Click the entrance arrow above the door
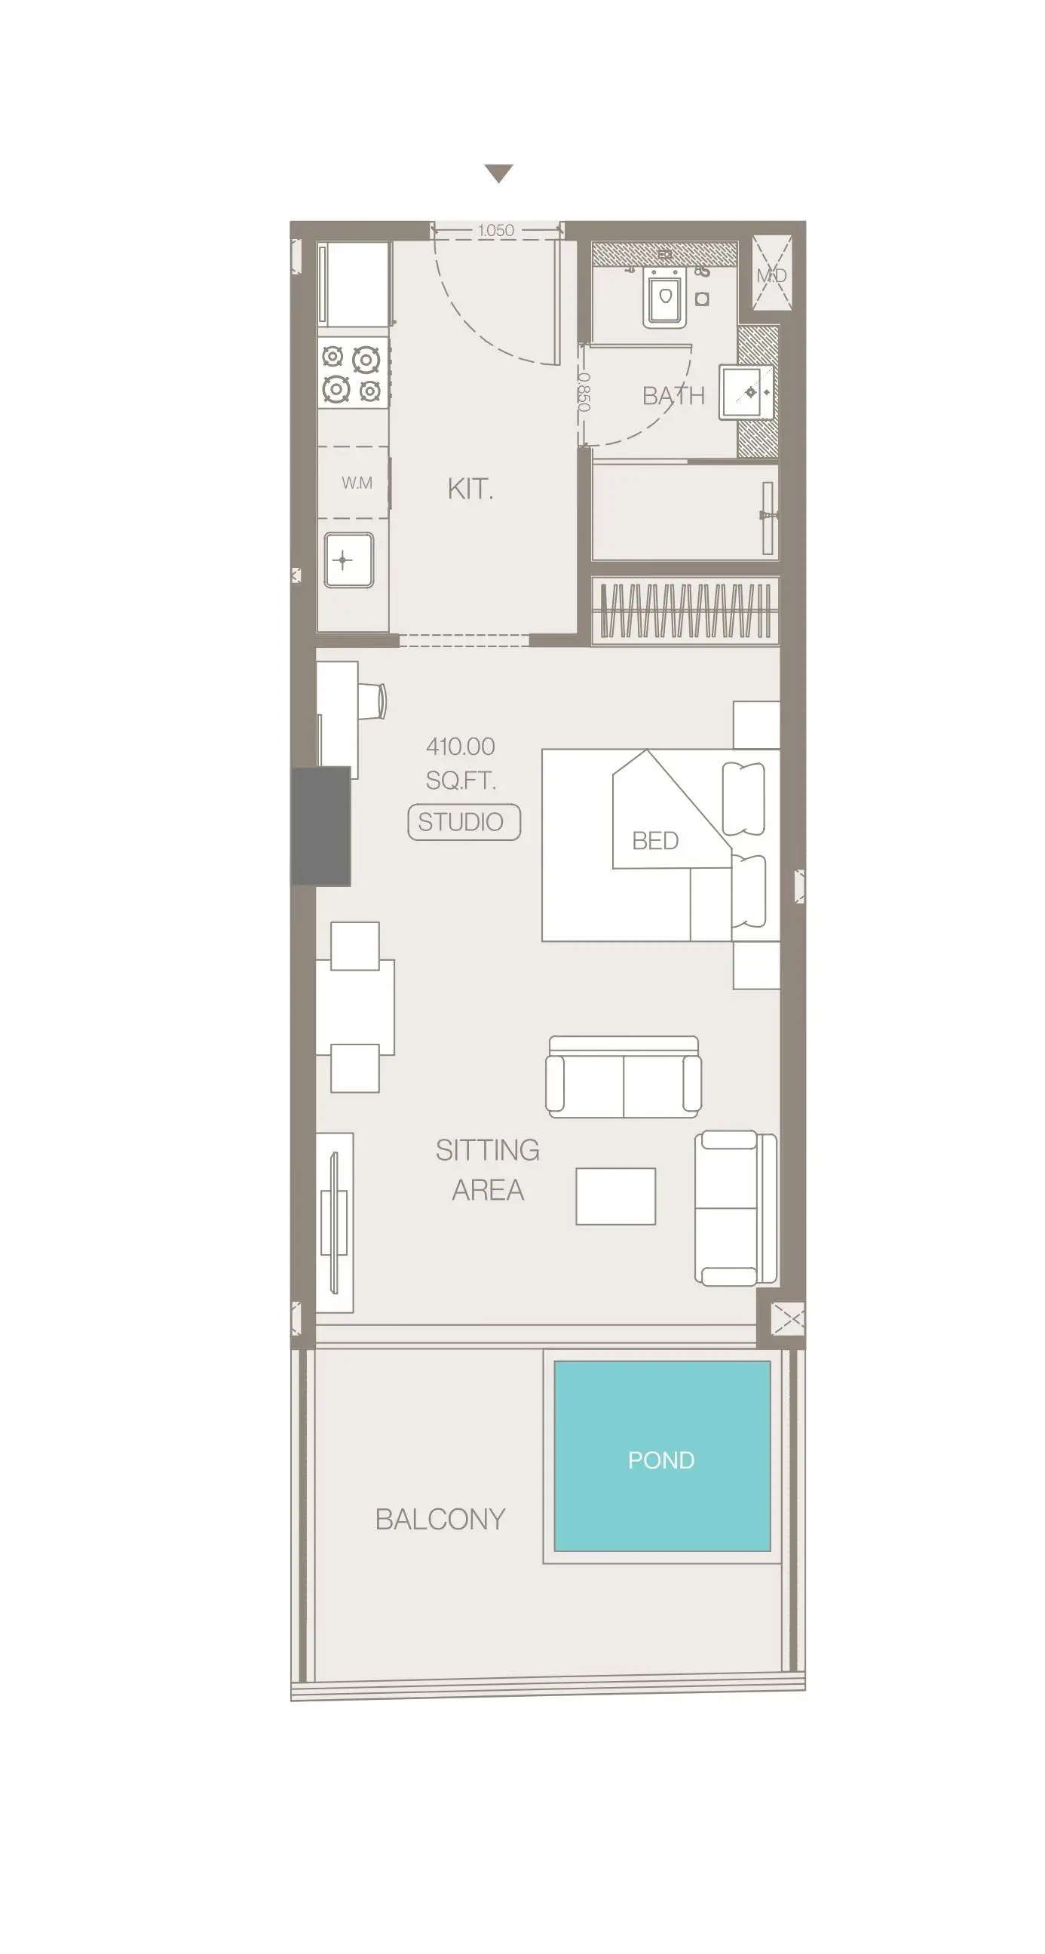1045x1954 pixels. [x=498, y=173]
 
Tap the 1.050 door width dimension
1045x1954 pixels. [x=496, y=230]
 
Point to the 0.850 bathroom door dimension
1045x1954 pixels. [x=583, y=392]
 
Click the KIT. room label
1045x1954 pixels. [x=470, y=489]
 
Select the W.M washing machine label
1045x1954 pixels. [x=357, y=483]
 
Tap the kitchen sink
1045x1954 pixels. [x=349, y=560]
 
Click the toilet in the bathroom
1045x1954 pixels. [x=665, y=297]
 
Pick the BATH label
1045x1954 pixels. [x=673, y=395]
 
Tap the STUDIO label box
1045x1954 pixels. [x=464, y=821]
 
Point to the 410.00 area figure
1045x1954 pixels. [x=461, y=747]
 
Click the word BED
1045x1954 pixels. [x=655, y=840]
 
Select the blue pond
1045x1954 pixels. [x=662, y=1456]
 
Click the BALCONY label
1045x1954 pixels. [x=440, y=1520]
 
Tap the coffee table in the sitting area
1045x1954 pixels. [x=616, y=1196]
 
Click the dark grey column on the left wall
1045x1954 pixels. [x=320, y=825]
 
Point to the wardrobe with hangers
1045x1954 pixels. [x=685, y=610]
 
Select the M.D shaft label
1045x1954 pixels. [x=772, y=275]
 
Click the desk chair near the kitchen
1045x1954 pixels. [x=372, y=701]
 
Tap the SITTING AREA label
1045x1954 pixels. [x=488, y=1170]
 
